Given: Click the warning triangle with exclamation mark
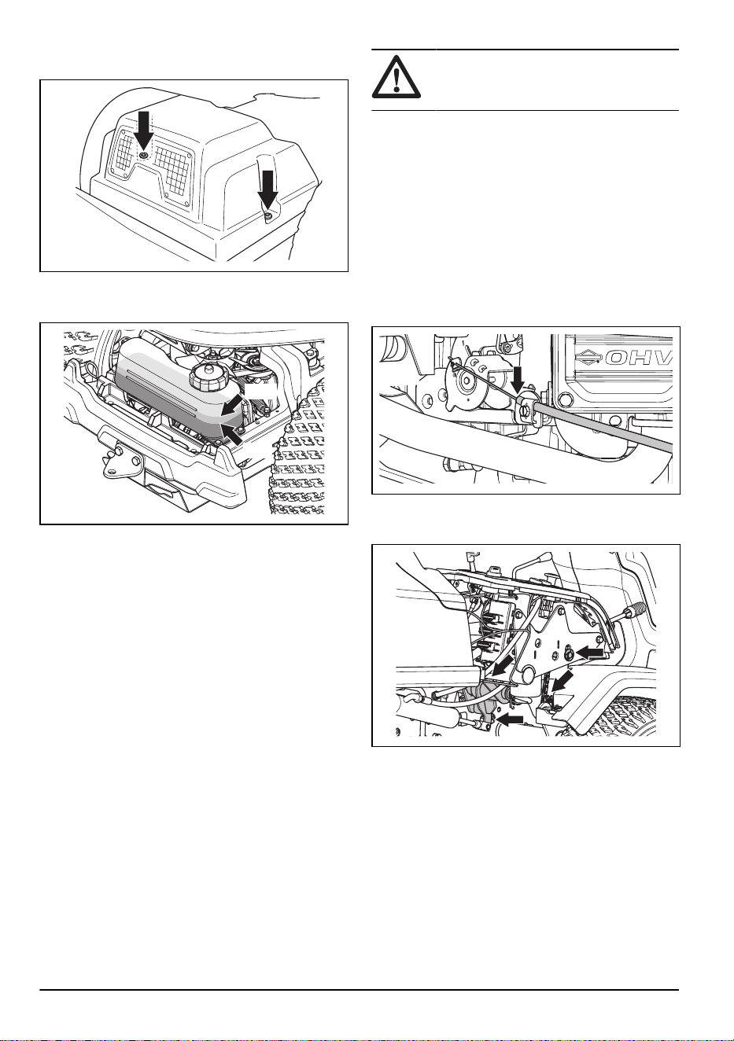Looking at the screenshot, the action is tap(396, 77).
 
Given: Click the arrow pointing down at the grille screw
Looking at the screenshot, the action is tap(144, 130).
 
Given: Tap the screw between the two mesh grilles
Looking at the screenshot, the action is tap(144, 154).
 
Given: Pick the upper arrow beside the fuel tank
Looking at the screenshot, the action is tap(233, 406).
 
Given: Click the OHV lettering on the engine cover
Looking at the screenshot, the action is tap(639, 358).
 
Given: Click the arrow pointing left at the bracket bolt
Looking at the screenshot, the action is tap(590, 653).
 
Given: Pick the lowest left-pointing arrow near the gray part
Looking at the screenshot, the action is tap(510, 719).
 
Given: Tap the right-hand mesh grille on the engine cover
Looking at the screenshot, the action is tap(172, 169).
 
